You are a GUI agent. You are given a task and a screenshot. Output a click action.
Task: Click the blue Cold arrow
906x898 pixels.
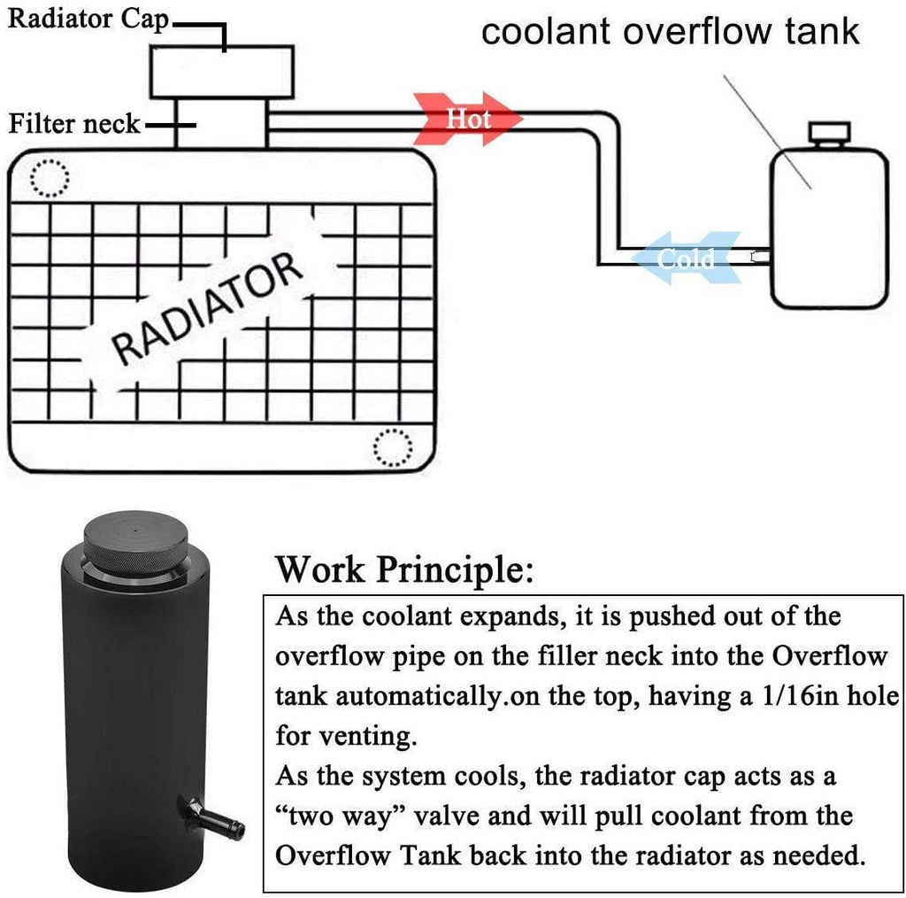687,258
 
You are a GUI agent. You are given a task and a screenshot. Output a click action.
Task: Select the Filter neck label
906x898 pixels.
74,123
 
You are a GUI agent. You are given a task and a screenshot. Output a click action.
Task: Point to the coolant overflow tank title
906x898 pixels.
670,32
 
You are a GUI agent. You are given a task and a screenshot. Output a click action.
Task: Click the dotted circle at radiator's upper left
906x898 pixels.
49,178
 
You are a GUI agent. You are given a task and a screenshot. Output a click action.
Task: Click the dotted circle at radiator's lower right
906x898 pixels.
392,446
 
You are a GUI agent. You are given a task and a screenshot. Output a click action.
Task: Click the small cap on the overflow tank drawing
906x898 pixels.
830,135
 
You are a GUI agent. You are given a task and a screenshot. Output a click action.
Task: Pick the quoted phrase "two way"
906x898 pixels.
341,814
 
